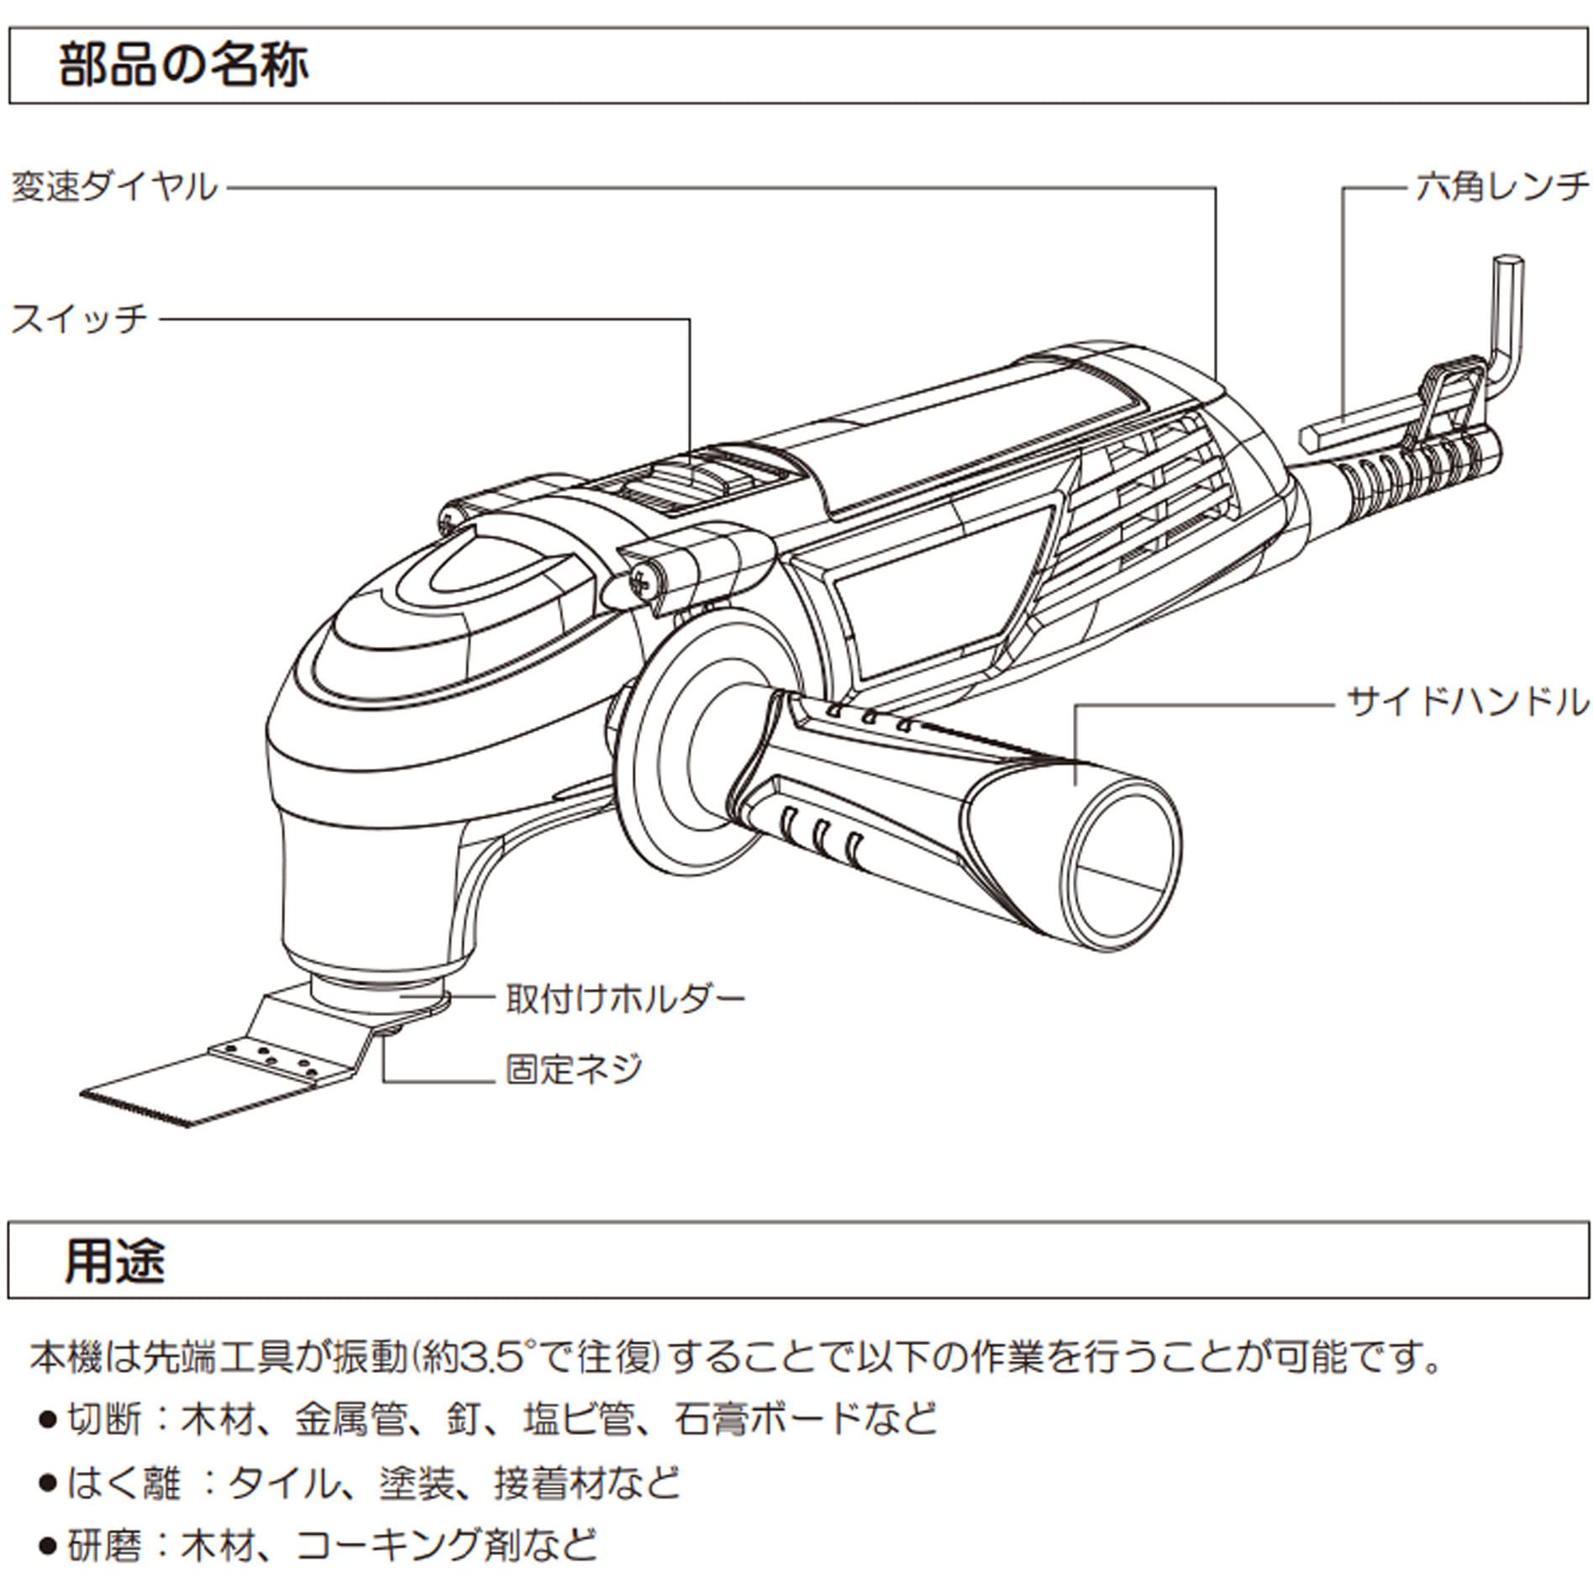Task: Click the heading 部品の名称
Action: (x=183, y=66)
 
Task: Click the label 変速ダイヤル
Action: (x=114, y=187)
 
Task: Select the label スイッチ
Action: (x=79, y=319)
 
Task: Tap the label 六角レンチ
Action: (x=1501, y=187)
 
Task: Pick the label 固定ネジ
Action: (x=574, y=1070)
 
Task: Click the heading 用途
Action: (x=115, y=1260)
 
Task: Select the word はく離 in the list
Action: (x=123, y=1483)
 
